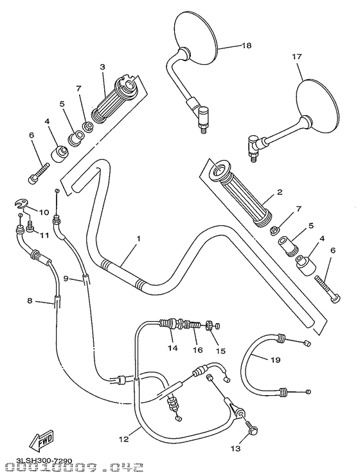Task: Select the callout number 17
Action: (x=297, y=57)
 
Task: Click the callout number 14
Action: (x=172, y=349)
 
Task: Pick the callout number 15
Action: (x=221, y=351)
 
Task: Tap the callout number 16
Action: (x=198, y=349)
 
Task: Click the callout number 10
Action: (x=44, y=212)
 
